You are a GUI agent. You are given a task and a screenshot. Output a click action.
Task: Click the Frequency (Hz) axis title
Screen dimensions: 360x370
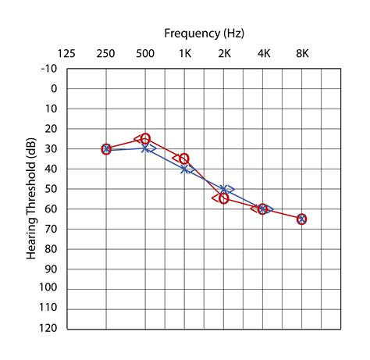(x=204, y=33)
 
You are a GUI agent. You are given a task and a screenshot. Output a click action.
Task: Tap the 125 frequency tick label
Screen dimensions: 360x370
(x=67, y=54)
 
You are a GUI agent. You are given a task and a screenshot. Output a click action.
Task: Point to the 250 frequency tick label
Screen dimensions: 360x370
(x=106, y=54)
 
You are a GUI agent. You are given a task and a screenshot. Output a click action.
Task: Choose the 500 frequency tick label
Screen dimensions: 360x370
(x=145, y=54)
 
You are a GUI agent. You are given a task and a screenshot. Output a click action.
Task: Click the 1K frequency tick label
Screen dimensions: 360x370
(x=185, y=54)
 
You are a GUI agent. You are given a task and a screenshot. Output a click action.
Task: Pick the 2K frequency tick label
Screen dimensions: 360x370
(x=224, y=54)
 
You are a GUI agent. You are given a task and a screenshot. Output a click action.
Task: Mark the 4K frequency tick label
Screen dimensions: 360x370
(x=263, y=54)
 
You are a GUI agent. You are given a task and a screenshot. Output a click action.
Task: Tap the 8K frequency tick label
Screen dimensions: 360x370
(x=302, y=54)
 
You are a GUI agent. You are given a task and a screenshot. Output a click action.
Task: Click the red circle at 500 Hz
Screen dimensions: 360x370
(x=145, y=139)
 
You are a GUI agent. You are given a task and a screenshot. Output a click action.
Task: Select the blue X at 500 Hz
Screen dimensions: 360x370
(x=145, y=148)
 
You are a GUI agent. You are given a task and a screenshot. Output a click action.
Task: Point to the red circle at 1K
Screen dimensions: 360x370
(x=184, y=159)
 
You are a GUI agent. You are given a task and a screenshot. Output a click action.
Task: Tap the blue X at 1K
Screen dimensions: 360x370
(x=185, y=169)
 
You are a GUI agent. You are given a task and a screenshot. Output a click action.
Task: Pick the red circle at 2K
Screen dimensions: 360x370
(x=224, y=198)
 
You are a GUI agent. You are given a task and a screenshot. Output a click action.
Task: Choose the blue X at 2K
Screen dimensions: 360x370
(x=224, y=189)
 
